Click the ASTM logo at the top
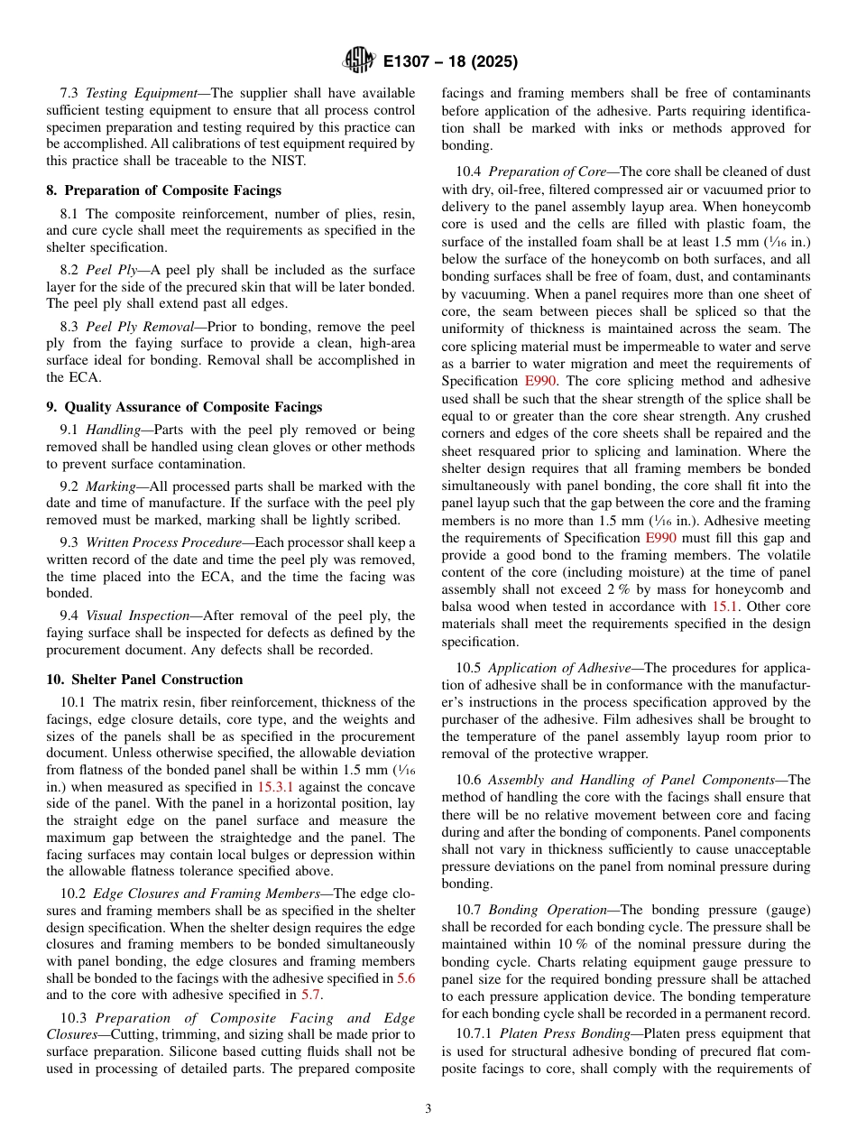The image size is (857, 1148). [x=358, y=60]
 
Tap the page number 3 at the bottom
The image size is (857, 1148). [x=428, y=1109]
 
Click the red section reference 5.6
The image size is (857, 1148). [x=406, y=977]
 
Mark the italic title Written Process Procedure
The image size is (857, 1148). [x=163, y=542]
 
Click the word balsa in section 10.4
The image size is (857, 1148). [x=458, y=606]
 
